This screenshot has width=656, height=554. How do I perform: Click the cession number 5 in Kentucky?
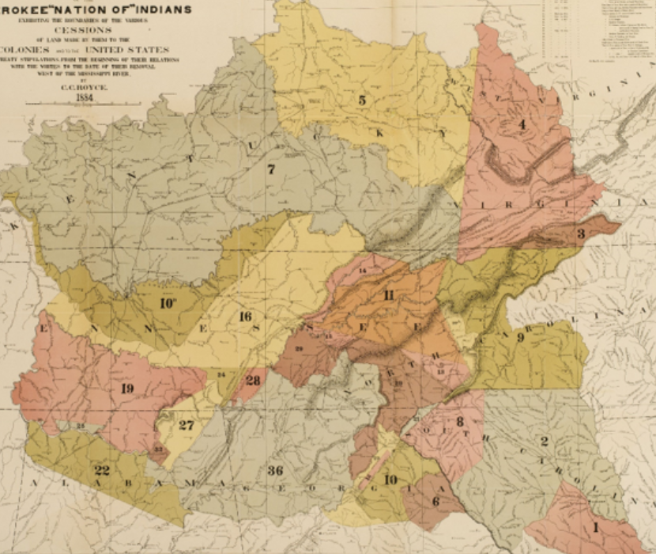point(362,101)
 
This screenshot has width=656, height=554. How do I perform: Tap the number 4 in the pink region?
point(522,124)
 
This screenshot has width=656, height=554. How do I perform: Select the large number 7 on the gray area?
point(270,169)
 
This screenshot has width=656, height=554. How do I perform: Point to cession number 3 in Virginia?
point(580,233)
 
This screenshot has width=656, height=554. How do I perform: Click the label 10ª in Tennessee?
point(168,303)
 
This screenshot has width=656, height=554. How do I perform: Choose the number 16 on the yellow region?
point(245,317)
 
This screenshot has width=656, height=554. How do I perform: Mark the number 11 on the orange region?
point(389,295)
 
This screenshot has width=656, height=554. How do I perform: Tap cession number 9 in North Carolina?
point(520,337)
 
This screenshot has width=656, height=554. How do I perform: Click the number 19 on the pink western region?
point(127,388)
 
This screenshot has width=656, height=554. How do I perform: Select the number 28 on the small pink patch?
point(252,381)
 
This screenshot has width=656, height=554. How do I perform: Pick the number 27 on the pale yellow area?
point(186,425)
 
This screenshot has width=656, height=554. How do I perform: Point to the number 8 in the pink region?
point(459,421)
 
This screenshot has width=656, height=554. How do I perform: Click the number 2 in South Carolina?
point(544,441)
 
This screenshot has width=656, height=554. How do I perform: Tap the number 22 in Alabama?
point(102,470)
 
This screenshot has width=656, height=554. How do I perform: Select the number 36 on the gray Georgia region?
point(274,471)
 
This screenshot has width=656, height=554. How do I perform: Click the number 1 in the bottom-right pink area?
point(595,525)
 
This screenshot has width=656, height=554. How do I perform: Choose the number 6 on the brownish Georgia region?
point(435,500)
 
